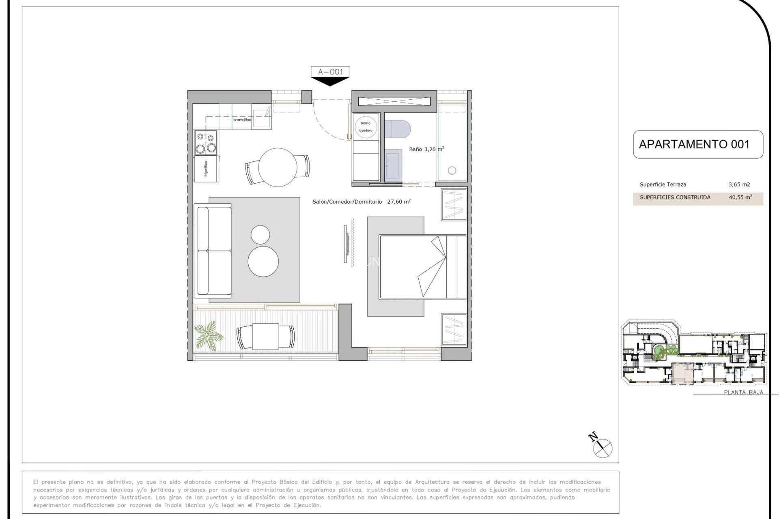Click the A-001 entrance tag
(330, 72)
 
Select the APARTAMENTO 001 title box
(697, 144)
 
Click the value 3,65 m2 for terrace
(739, 184)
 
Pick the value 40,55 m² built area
(740, 197)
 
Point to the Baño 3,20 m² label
(426, 149)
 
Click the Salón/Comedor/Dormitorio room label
(347, 202)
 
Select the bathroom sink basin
(393, 164)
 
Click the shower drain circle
(452, 171)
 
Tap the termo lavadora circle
(366, 127)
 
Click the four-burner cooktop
(206, 143)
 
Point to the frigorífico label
(206, 169)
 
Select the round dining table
(278, 167)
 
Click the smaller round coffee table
(260, 235)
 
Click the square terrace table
(265, 337)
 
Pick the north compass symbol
(602, 448)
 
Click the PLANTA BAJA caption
(743, 392)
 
